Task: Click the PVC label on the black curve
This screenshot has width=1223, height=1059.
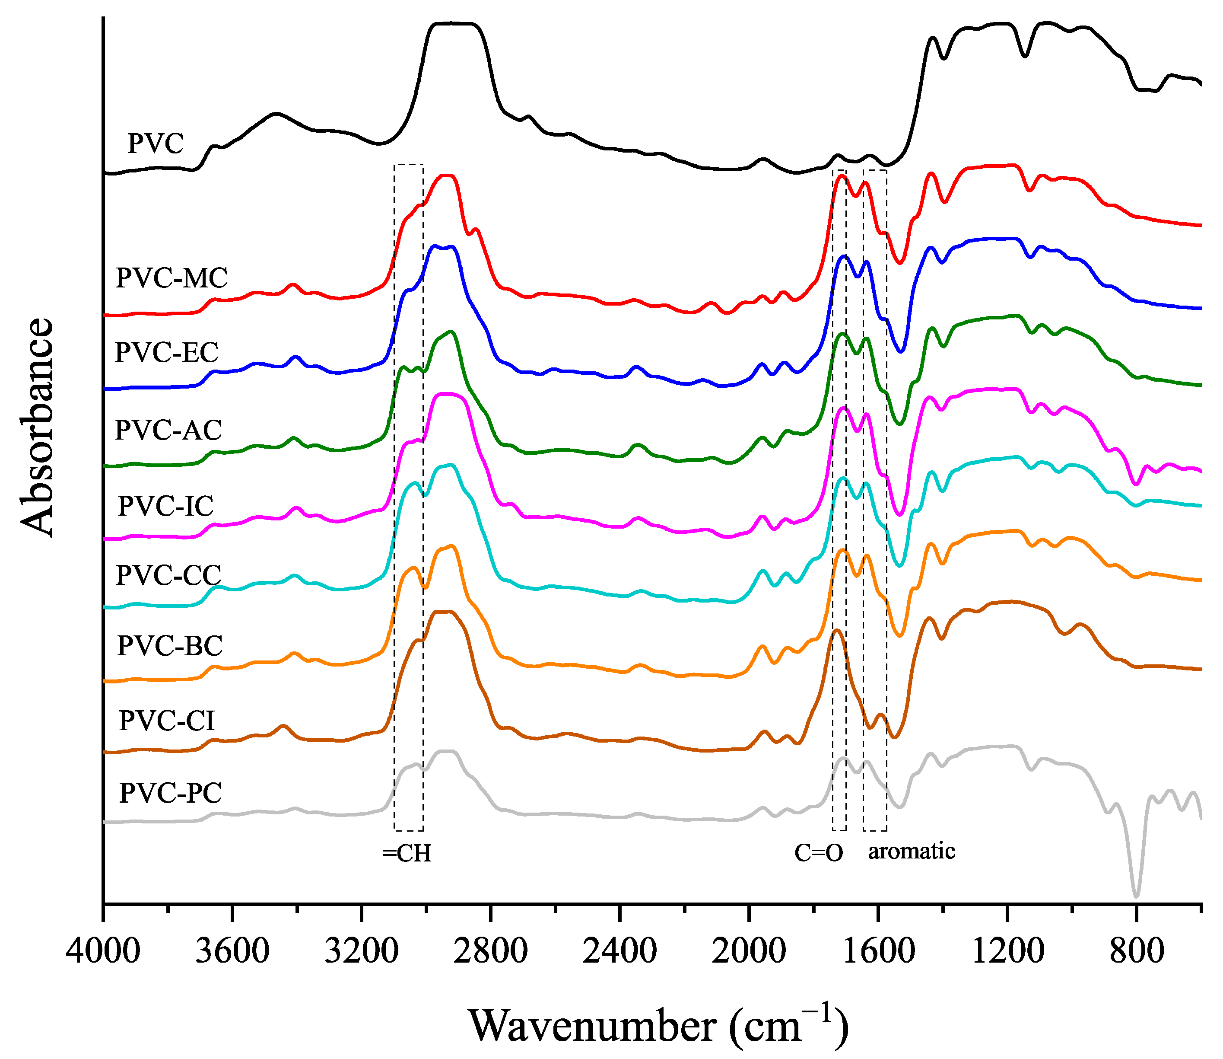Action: [156, 144]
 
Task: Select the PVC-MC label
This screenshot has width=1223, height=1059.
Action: [171, 278]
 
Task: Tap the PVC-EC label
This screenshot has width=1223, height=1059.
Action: [166, 353]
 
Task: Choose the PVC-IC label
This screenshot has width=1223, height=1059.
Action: [165, 507]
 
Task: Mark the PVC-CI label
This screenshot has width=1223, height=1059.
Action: [166, 721]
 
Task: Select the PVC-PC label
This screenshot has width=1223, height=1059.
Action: [170, 793]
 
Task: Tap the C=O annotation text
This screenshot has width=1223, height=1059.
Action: [819, 853]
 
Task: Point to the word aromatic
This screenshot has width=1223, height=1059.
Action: [911, 852]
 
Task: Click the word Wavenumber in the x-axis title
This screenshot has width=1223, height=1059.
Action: [592, 1027]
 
